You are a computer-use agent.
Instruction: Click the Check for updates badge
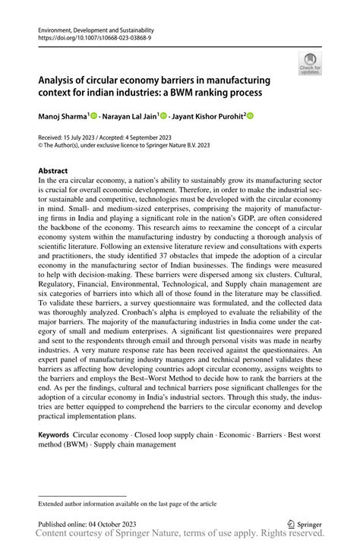click(x=310, y=64)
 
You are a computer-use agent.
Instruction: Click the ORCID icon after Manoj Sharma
click(x=94, y=116)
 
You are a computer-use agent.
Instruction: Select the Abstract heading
click(x=53, y=172)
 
